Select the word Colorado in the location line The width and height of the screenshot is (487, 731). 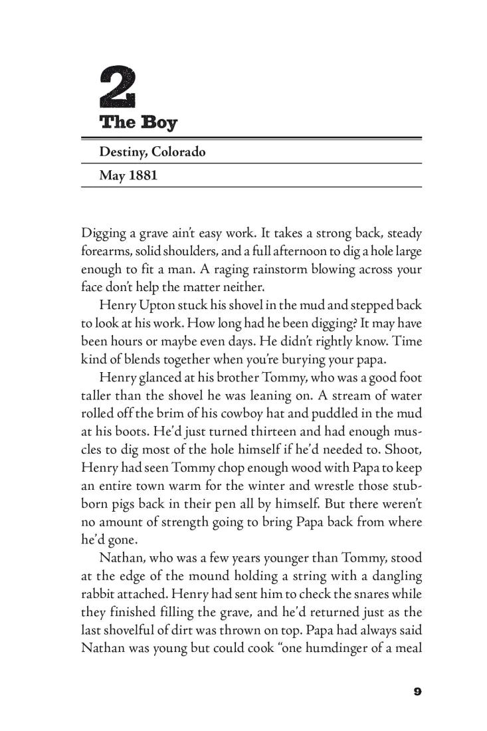(x=179, y=152)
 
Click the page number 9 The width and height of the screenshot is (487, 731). (x=417, y=691)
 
